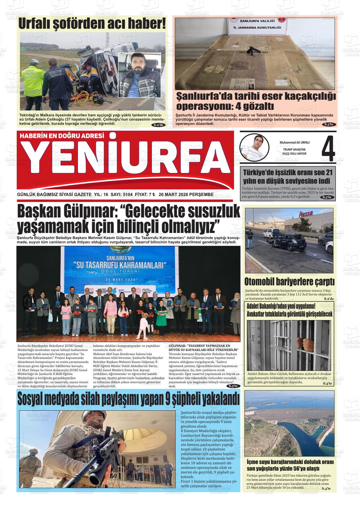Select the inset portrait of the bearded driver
click(x=139, y=75)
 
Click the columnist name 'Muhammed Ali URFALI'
click(x=294, y=142)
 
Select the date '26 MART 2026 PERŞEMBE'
click(x=186, y=195)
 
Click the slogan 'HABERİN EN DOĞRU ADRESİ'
click(x=62, y=136)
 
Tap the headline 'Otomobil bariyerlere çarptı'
click(x=289, y=282)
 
